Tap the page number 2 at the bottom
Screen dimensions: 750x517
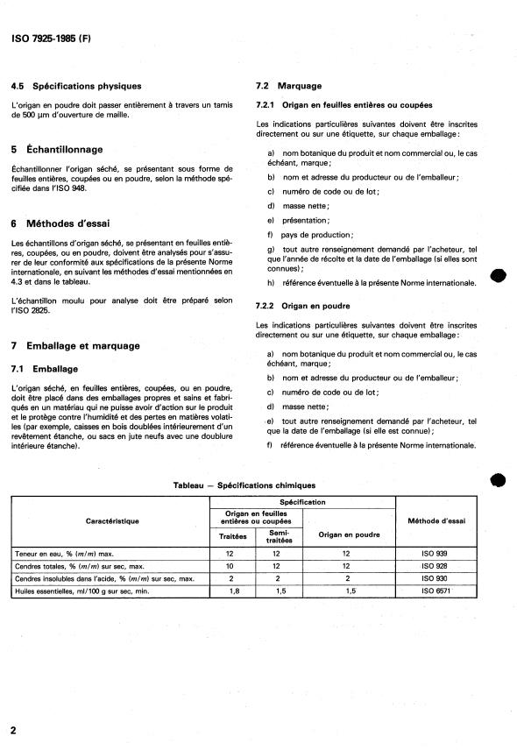click(14, 730)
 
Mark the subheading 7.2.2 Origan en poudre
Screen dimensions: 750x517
click(301, 305)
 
